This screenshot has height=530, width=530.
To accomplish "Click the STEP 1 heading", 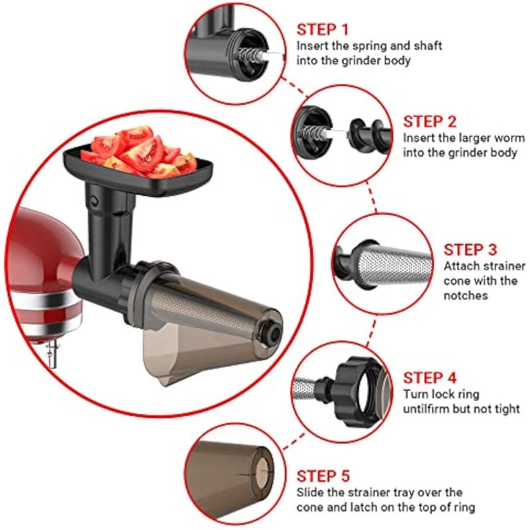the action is pos(322,29).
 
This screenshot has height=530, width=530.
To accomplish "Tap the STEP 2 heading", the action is pos(429,122).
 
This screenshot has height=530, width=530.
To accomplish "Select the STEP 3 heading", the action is pos(470,250).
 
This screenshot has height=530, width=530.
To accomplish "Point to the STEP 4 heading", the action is pos(429,378).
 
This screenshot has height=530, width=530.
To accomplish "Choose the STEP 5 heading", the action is pos(323,476).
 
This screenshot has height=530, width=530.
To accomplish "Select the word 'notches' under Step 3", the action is pos(466,295).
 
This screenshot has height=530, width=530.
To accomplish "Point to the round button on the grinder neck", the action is pos(93,201).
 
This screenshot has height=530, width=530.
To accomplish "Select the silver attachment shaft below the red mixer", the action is pos(52,354).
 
